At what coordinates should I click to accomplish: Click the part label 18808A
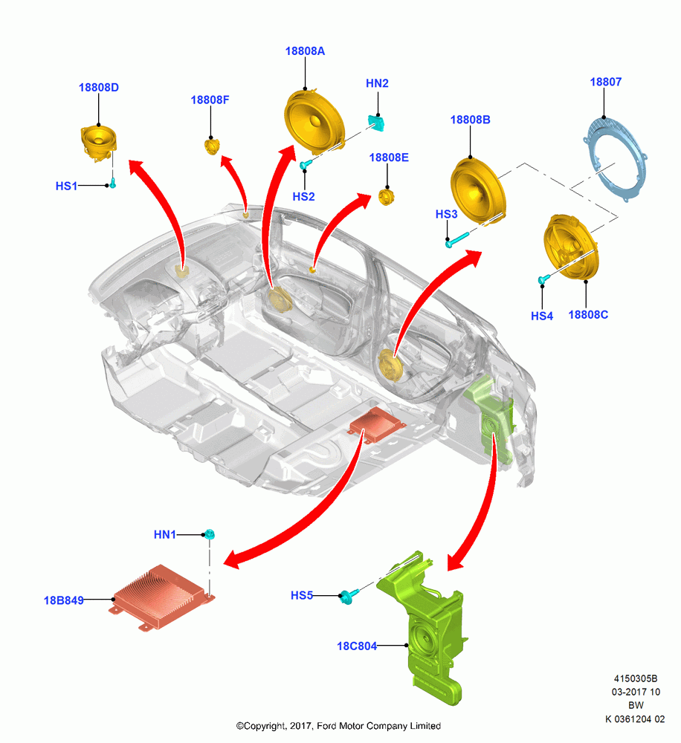click(x=305, y=51)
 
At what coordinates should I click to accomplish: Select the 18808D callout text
click(x=99, y=88)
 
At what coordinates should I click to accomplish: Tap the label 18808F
click(x=210, y=100)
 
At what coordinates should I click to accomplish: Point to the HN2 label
click(x=377, y=83)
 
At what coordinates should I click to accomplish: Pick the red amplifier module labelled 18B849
click(x=163, y=597)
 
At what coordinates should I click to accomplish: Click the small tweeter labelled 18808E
click(x=387, y=197)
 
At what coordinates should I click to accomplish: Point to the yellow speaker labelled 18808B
click(x=477, y=190)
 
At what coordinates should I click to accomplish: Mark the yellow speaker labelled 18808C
click(x=571, y=247)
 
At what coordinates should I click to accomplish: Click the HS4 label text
click(x=541, y=316)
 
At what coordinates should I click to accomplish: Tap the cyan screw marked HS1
click(x=113, y=183)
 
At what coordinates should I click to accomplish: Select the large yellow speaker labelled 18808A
click(x=314, y=121)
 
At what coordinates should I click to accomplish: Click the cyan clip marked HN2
click(x=376, y=123)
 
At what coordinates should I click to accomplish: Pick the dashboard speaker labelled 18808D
click(x=98, y=142)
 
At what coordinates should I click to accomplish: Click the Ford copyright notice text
click(x=338, y=726)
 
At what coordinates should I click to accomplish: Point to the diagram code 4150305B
click(x=636, y=678)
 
